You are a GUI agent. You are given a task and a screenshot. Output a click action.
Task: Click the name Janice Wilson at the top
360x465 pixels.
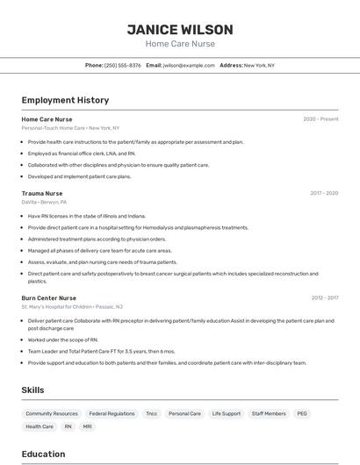pos(179,29)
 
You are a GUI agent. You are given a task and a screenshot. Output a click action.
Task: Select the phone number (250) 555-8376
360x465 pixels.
pos(123,65)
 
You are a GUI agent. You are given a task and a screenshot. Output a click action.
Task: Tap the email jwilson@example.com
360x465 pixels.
pos(189,65)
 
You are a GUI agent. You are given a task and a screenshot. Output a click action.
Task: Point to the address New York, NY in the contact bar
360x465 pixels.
pos(259,65)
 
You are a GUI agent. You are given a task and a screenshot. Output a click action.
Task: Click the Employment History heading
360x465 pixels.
pos(65,100)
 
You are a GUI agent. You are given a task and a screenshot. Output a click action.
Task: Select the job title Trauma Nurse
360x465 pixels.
pos(42,193)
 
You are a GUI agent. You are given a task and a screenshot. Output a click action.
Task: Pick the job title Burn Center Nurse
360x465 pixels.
pos(49,298)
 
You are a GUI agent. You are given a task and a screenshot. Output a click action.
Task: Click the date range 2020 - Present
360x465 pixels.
pos(320,119)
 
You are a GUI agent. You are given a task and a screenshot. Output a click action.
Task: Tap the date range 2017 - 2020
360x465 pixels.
pos(324,193)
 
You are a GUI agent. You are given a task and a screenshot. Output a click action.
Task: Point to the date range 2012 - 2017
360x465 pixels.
pos(324,298)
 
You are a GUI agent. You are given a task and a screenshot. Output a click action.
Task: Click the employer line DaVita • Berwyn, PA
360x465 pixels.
pos(44,202)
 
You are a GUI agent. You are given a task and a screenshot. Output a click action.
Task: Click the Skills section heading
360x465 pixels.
pos(32,390)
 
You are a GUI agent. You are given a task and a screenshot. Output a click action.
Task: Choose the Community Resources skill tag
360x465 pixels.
pos(52,413)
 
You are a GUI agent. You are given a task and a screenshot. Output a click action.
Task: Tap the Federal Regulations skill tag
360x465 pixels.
pos(112,413)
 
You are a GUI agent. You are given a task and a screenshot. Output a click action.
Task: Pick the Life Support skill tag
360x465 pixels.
pos(226,413)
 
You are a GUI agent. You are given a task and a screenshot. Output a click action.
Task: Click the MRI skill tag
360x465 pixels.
pos(87,426)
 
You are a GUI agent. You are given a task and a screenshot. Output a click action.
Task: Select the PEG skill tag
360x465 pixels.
pos(302,413)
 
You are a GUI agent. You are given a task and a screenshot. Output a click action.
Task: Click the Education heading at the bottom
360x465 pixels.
pos(43,454)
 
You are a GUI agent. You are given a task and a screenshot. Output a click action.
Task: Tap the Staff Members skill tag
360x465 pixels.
pos(269,413)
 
